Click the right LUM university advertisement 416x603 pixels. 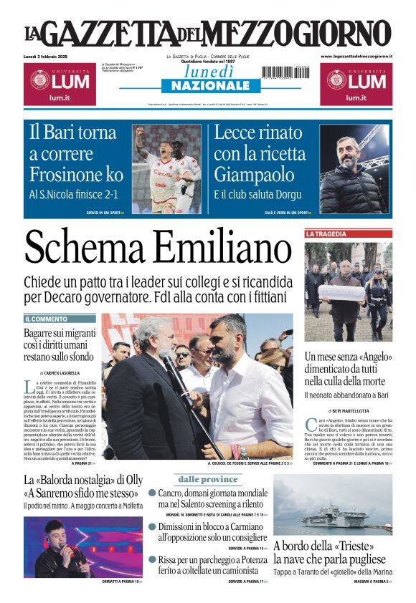click(x=356, y=83)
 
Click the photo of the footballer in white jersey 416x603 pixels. click(x=168, y=170)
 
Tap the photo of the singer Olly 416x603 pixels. click(x=63, y=546)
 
